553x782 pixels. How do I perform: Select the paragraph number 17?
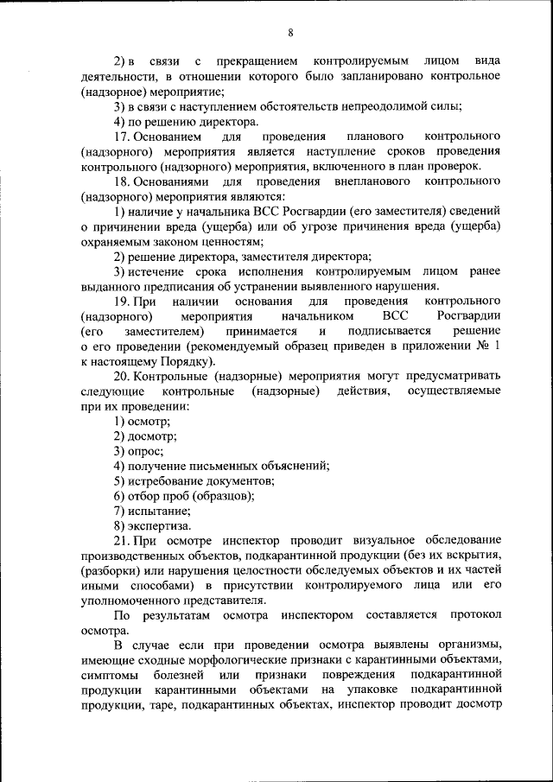pos(122,137)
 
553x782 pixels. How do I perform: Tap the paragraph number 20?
pos(122,377)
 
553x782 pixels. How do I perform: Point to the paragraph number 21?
pos(122,540)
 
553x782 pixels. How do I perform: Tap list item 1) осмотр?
pos(142,421)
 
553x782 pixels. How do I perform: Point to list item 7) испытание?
pos(150,511)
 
